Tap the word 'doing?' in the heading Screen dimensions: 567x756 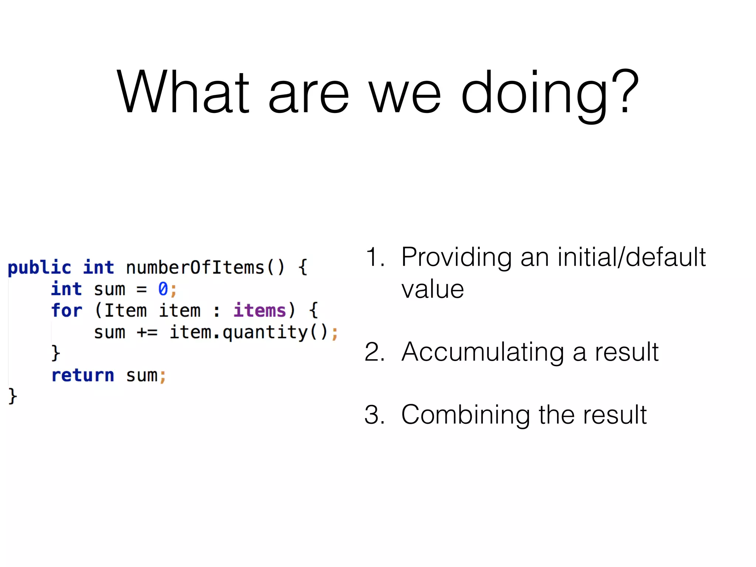pos(550,94)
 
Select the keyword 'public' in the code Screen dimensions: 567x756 pos(39,268)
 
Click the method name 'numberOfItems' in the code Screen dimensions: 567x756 pos(195,268)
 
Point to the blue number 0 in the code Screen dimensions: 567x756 pos(163,289)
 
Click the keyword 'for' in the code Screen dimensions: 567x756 pos(66,310)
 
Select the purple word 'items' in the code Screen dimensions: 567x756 pos(260,310)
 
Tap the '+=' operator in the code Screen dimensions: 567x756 pos(147,332)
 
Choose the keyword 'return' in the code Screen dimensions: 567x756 pos(83,375)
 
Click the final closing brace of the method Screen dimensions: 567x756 pos(13,396)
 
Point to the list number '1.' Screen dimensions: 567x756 pos(375,257)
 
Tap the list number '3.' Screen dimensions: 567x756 pos(375,415)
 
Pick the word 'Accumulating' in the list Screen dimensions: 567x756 pos(482,353)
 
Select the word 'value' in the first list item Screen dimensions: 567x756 pos(433,289)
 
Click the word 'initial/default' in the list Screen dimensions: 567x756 pos(632,257)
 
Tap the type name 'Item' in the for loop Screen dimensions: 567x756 pos(126,310)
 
